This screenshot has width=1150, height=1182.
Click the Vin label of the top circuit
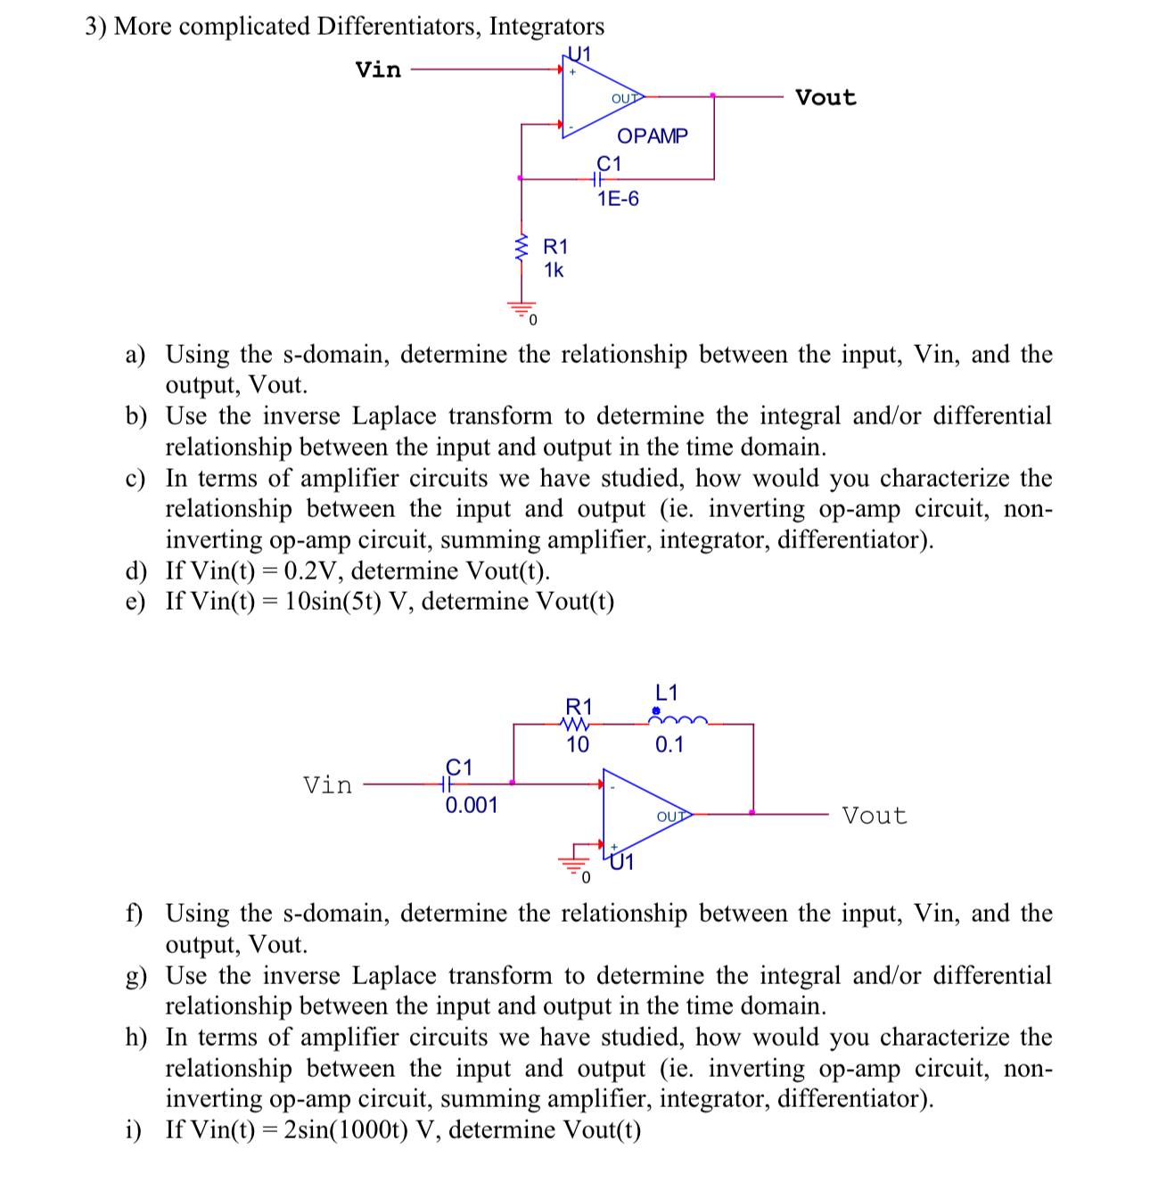[378, 69]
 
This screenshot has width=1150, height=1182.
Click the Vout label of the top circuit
[826, 97]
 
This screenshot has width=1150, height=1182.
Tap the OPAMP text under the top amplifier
[653, 135]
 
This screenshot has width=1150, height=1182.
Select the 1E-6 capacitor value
[618, 198]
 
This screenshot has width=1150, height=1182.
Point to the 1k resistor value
[554, 269]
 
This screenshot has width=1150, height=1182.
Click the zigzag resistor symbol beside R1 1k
[520, 246]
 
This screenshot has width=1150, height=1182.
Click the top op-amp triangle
[597, 96]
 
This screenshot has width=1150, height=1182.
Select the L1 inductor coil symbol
[678, 718]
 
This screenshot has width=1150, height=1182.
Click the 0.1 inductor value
[669, 745]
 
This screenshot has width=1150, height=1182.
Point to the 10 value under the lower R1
[578, 744]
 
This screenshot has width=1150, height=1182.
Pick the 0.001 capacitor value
[472, 806]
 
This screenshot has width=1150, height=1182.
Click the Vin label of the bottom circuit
[328, 785]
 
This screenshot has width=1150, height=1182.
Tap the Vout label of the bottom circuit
[874, 815]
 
